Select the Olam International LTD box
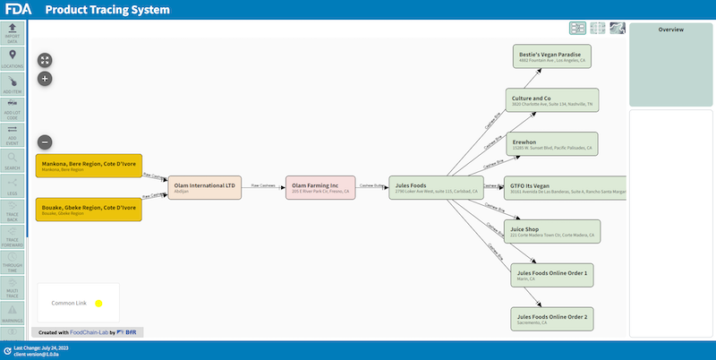point(205,187)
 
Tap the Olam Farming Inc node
point(320,187)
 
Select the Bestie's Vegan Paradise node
point(552,57)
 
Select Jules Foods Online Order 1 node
point(552,274)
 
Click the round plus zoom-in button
point(45,79)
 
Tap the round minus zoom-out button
point(45,141)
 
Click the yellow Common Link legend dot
point(99,304)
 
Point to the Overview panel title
point(670,30)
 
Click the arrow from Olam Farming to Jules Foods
point(371,187)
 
